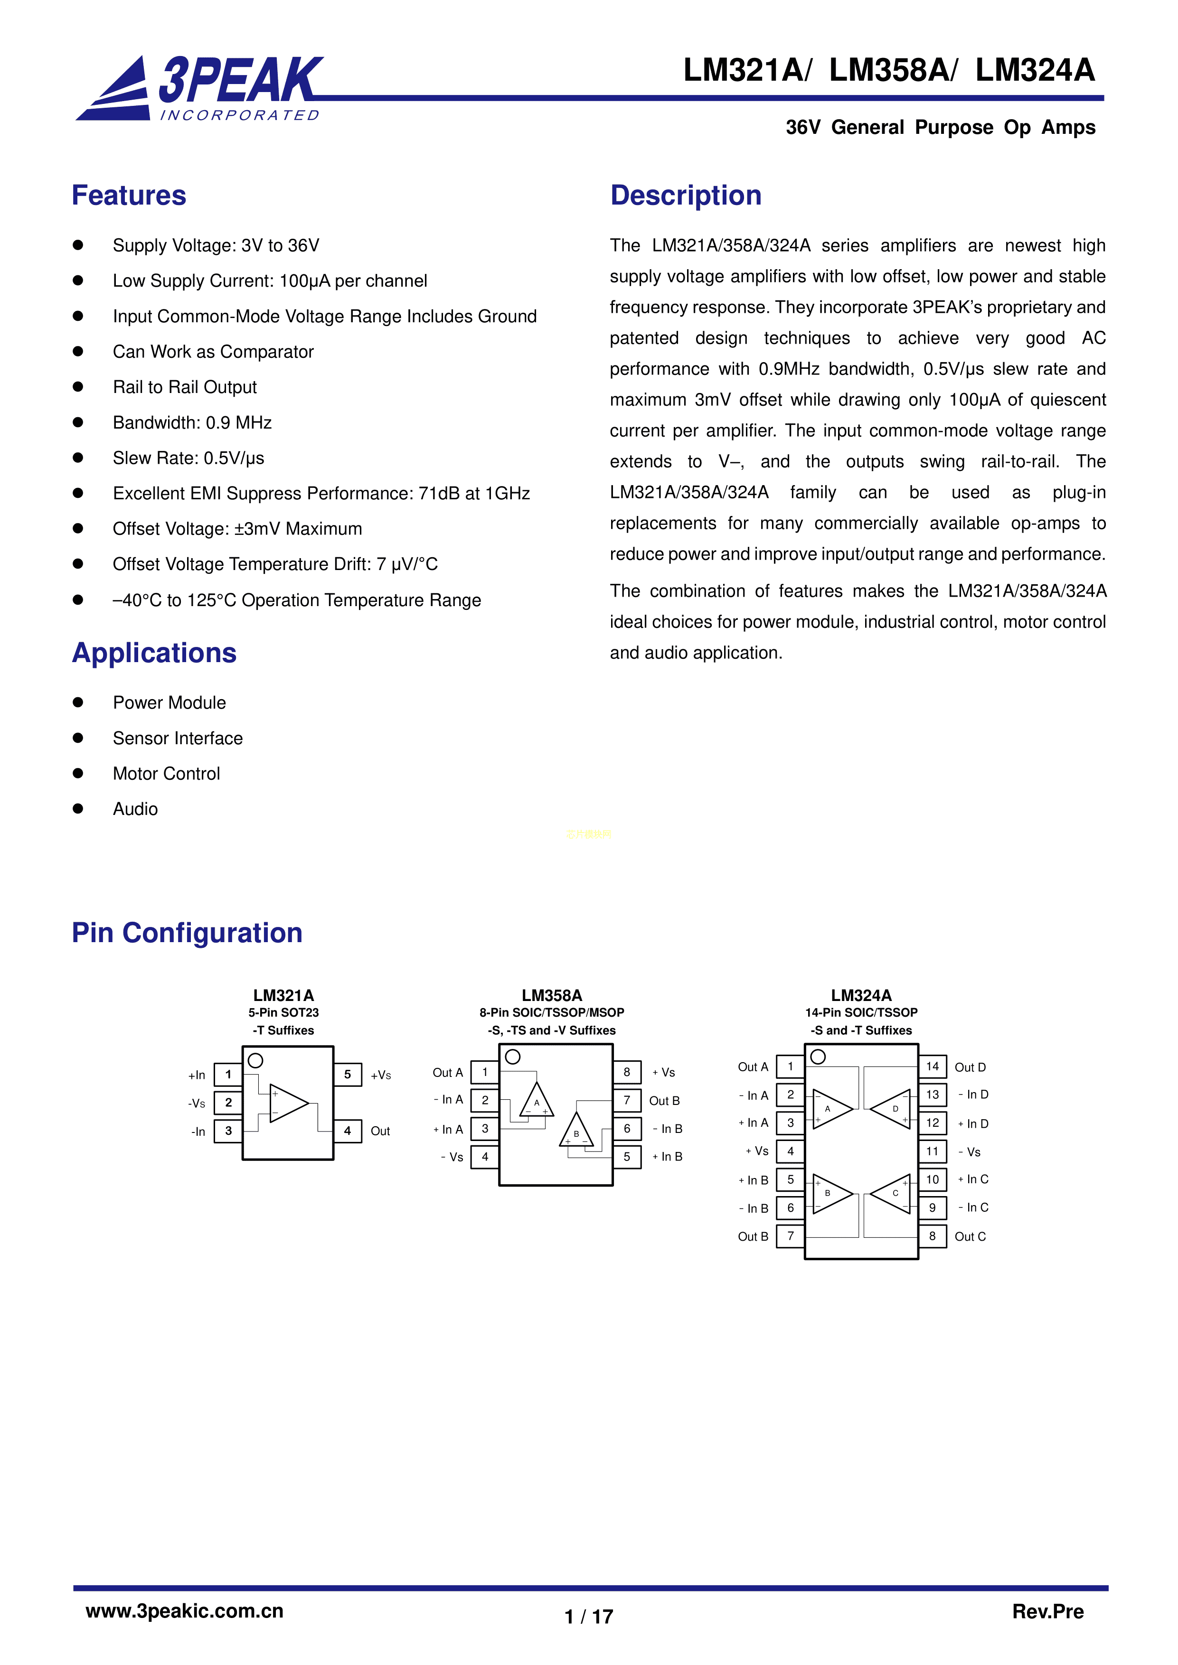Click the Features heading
129,196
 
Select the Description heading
686,196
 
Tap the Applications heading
154,653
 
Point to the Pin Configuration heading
187,933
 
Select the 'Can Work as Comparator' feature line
213,352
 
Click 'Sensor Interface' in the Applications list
178,738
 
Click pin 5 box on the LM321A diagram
348,1075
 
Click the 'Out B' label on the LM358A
664,1101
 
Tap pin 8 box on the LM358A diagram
627,1072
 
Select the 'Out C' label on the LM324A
970,1236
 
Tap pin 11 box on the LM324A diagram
932,1151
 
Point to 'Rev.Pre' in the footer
1047,1611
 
